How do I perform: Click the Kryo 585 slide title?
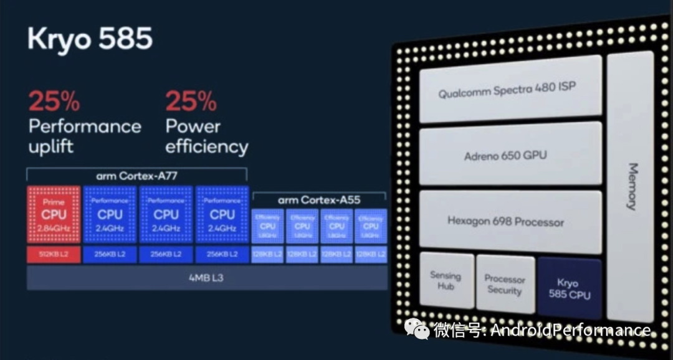(x=90, y=39)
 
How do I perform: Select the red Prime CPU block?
(x=54, y=214)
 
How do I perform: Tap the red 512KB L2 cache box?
(x=54, y=254)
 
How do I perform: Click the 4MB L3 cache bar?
(x=206, y=278)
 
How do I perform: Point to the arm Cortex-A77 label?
(x=136, y=176)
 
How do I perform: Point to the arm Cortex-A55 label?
(x=319, y=200)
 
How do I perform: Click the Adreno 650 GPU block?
(x=510, y=154)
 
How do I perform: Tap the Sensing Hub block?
(x=446, y=280)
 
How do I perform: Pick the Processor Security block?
(x=505, y=285)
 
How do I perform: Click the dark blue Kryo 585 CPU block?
(x=569, y=288)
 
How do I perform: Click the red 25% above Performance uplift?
(x=54, y=101)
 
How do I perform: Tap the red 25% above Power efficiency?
(x=191, y=101)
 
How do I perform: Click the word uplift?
(x=50, y=147)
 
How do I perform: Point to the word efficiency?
(x=206, y=147)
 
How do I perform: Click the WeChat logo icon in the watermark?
(x=416, y=328)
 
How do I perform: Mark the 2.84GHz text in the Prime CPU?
(x=54, y=229)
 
